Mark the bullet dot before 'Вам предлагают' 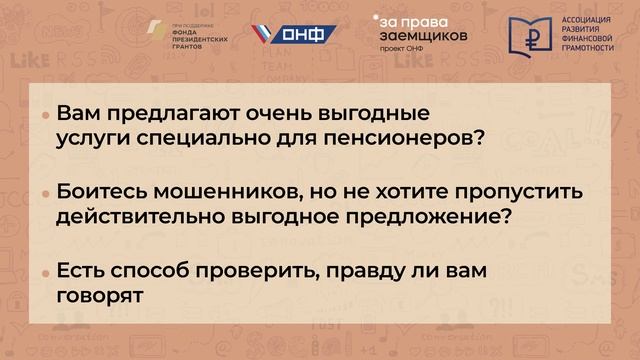(45, 116)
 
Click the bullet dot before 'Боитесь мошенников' (45, 193)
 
